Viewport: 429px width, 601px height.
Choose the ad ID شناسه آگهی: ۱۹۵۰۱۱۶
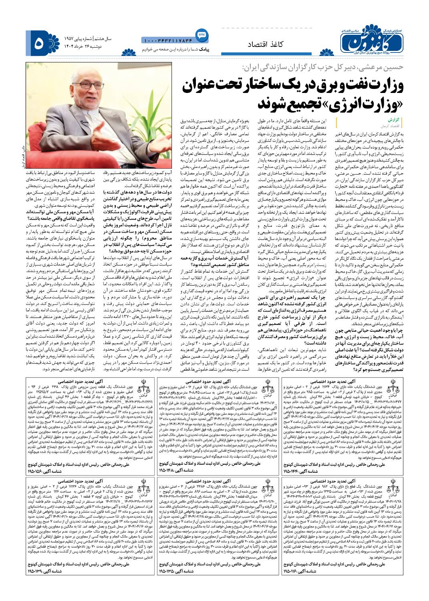[x=300, y=571]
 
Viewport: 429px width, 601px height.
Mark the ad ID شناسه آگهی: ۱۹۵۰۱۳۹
[x=44, y=571]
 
